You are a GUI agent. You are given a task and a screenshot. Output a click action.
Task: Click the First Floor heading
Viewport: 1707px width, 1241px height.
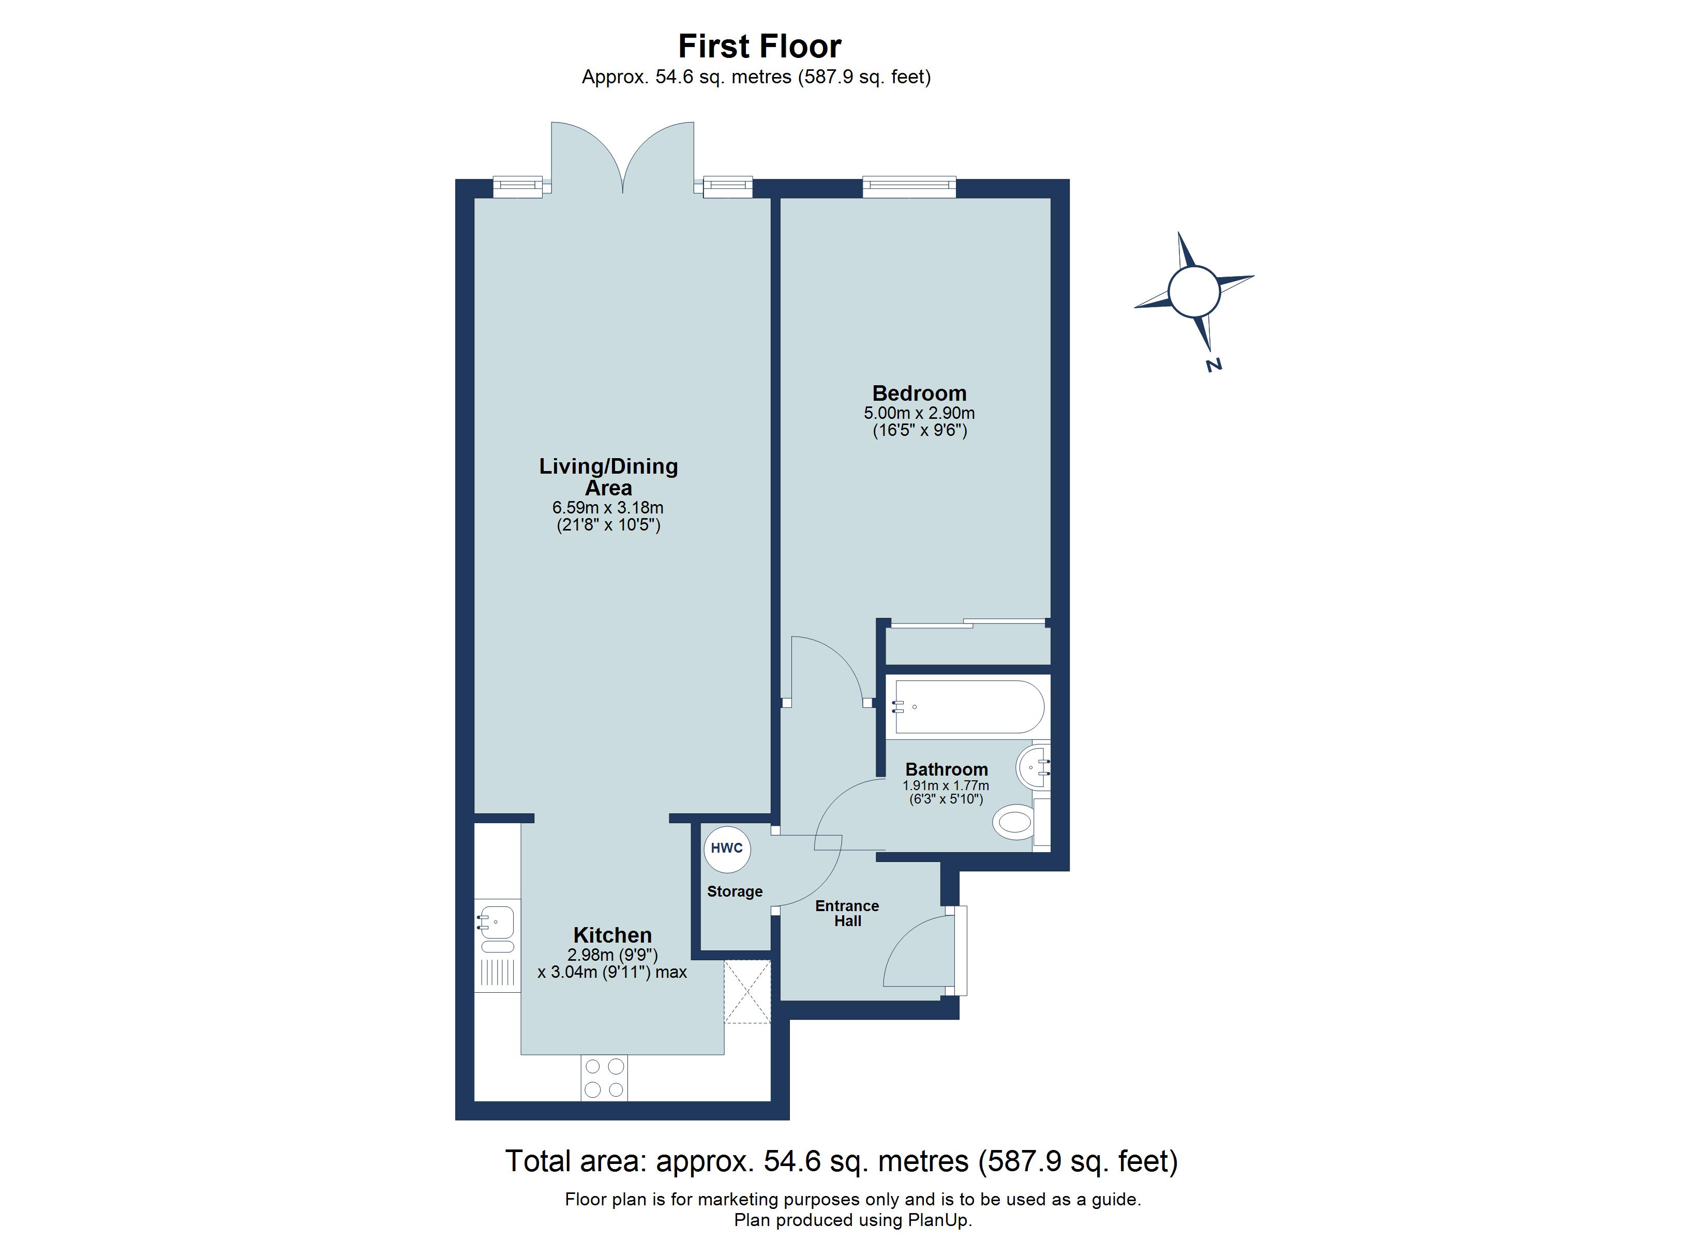point(759,46)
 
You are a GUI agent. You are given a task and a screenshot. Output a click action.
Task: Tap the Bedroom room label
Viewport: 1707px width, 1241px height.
point(919,393)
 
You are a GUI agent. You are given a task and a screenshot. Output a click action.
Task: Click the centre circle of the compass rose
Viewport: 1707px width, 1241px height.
point(1194,291)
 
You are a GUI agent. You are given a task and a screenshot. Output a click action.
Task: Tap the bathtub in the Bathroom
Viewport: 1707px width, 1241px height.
point(968,707)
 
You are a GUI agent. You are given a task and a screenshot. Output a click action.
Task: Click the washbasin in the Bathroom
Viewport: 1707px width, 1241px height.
point(1032,768)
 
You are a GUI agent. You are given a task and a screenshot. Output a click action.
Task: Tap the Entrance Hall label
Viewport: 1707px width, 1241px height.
point(847,913)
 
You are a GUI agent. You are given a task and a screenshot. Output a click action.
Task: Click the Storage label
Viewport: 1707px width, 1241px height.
point(735,891)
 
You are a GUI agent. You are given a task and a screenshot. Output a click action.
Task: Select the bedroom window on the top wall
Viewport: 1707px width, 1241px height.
point(909,187)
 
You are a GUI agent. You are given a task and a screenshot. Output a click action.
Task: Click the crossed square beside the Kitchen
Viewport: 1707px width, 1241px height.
point(747,992)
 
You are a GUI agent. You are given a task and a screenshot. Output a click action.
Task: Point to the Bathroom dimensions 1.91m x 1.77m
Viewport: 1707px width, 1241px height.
point(946,785)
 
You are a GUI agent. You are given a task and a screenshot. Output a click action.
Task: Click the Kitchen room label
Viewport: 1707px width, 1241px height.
point(612,935)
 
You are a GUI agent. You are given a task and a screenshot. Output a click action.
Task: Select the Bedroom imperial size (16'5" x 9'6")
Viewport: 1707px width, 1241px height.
point(919,431)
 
